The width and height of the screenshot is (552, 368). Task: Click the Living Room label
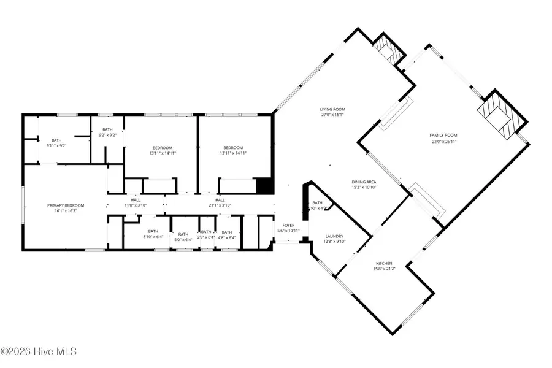[x=332, y=109]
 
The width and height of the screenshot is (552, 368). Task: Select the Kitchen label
[x=384, y=263]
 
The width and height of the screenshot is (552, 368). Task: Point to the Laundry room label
[x=334, y=236]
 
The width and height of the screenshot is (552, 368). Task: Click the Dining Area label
[x=364, y=182]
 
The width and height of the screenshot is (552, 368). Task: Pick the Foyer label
[x=288, y=225]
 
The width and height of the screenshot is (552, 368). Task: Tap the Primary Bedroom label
[x=66, y=205]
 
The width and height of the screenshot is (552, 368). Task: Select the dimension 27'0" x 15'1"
[x=332, y=115]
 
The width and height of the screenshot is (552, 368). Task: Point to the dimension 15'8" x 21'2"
[x=384, y=269]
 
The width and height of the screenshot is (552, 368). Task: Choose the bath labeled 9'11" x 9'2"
[x=56, y=143]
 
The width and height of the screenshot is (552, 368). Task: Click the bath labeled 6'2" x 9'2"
[x=107, y=132]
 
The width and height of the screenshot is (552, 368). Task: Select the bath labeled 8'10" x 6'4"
[x=153, y=234]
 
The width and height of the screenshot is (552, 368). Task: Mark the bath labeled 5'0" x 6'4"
[x=183, y=236]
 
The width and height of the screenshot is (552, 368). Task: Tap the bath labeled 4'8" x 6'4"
[x=226, y=234]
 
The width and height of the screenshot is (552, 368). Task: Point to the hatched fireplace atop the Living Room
[x=388, y=48]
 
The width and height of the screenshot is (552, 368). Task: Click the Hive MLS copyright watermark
[x=38, y=351]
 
